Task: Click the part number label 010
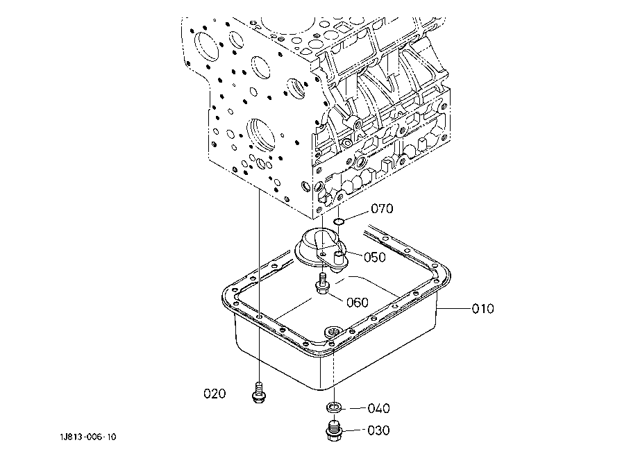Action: click(482, 308)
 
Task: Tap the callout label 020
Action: click(215, 394)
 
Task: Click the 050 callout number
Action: click(375, 257)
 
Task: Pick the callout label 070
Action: click(382, 208)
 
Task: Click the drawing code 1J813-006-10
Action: click(87, 437)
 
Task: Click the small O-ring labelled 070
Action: click(339, 221)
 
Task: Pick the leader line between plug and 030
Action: click(354, 431)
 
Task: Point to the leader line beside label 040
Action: click(354, 408)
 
